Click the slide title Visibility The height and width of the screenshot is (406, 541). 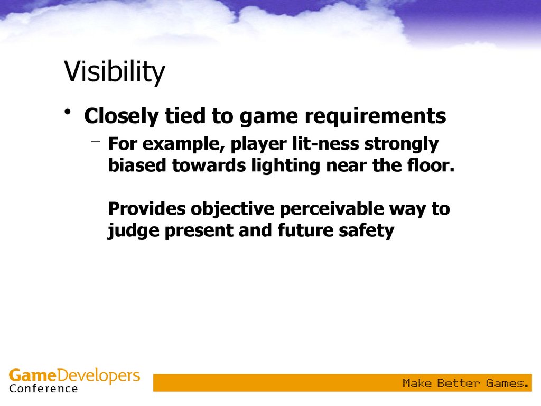pos(115,72)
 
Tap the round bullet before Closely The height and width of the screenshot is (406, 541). pos(68,112)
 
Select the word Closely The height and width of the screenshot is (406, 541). pos(121,116)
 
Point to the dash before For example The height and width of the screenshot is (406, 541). pos(96,141)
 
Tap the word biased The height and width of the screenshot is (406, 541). pos(137,165)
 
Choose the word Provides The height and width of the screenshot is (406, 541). pos(147,208)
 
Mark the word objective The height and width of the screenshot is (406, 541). pos(232,210)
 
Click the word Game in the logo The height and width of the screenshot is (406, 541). pos(32,375)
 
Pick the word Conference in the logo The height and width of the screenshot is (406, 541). pos(43,389)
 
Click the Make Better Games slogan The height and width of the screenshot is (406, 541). pos(465,383)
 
